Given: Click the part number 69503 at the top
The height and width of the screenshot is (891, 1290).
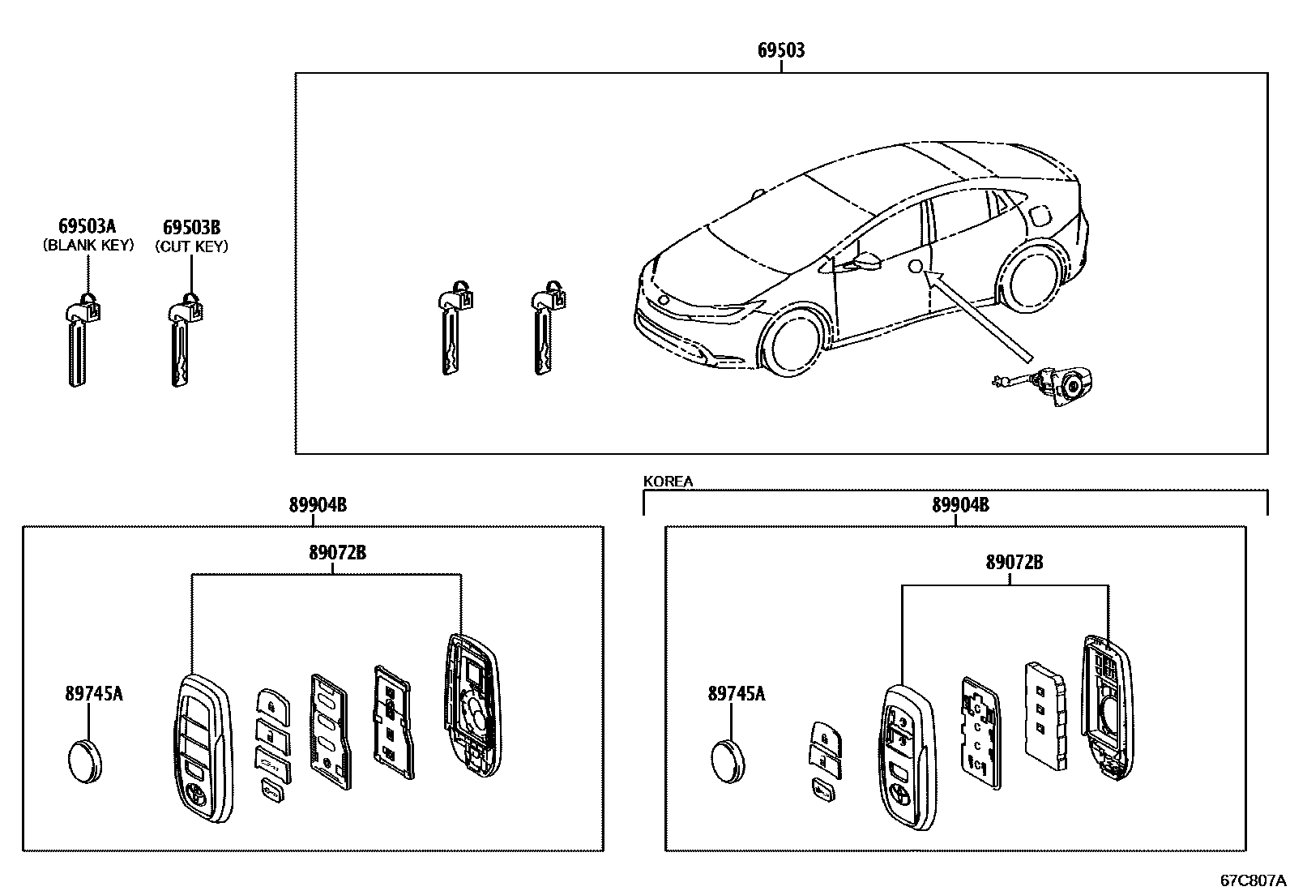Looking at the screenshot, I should (x=781, y=50).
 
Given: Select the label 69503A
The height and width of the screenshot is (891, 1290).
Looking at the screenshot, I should (x=88, y=226).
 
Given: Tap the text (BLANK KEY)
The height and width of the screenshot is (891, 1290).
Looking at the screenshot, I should (x=88, y=246).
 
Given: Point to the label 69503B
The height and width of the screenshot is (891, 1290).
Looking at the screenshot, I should (x=191, y=227).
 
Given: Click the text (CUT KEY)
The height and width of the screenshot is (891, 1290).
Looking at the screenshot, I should (x=191, y=246).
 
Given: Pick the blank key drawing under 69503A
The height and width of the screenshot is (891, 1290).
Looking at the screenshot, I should (x=80, y=341).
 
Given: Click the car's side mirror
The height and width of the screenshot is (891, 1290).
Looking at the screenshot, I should (x=864, y=262).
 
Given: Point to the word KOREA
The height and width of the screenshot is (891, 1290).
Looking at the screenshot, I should (x=668, y=482).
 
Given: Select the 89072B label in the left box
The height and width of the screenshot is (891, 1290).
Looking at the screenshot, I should (x=337, y=553).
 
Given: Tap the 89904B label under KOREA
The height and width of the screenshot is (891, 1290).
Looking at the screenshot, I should (x=960, y=505).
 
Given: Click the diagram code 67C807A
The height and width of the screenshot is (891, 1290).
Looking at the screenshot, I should (x=1253, y=880).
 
